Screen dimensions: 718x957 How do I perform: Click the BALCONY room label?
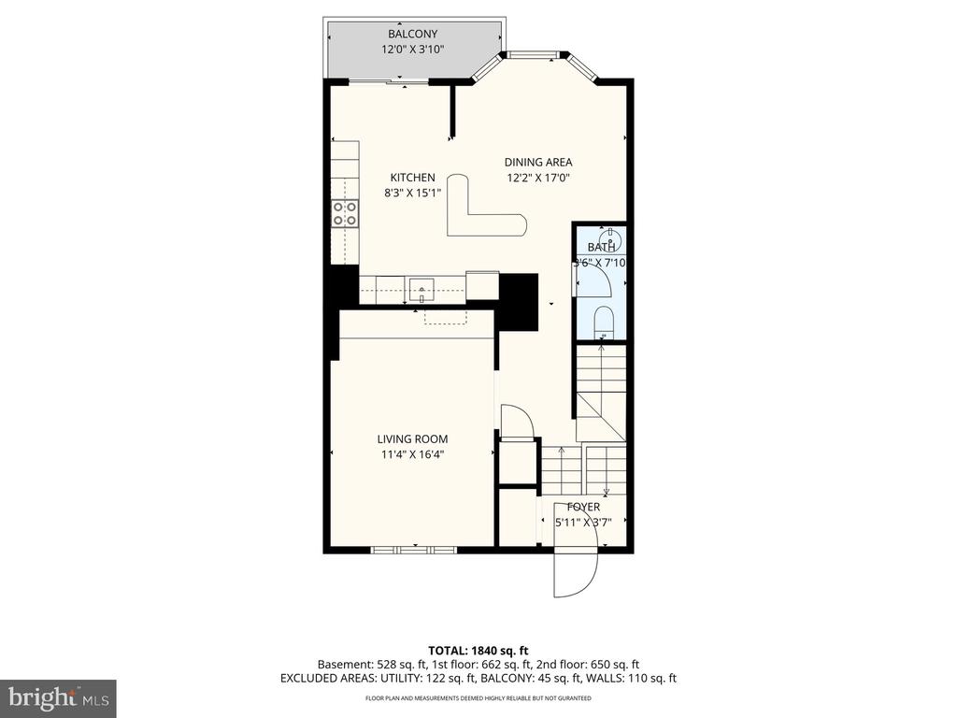(413, 35)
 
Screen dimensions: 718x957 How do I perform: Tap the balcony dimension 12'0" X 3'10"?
(413, 50)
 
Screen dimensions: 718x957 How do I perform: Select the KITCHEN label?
(412, 178)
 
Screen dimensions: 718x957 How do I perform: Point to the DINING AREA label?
(538, 162)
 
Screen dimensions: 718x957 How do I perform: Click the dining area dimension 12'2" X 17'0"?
(538, 178)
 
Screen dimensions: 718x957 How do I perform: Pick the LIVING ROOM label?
(412, 439)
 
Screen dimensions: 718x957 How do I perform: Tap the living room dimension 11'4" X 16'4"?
(412, 455)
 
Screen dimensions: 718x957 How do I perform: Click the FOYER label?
(584, 507)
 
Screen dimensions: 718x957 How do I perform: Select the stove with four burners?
(345, 213)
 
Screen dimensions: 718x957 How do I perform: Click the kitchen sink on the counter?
(421, 286)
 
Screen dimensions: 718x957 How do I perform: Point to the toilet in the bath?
(604, 322)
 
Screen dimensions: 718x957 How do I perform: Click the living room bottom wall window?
(413, 549)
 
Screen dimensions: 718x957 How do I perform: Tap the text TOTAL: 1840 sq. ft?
(478, 650)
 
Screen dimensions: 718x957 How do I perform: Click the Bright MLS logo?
(58, 697)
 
